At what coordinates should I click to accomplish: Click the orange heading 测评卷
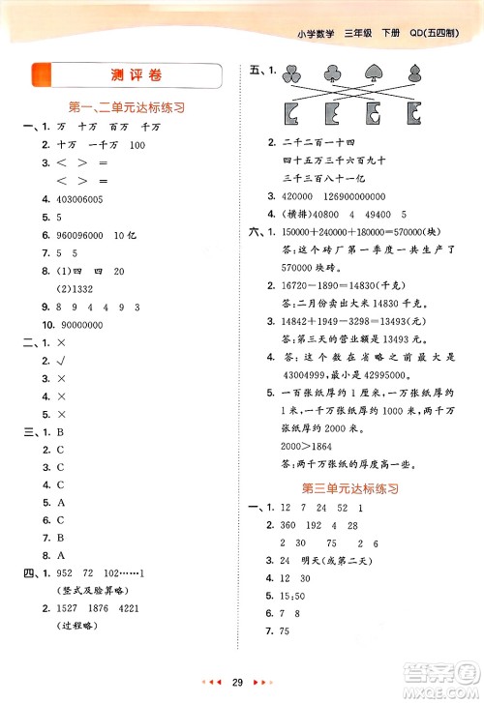(126, 75)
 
